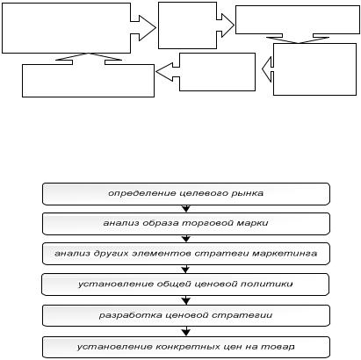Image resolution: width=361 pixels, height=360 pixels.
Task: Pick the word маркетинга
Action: pyautogui.click(x=285, y=253)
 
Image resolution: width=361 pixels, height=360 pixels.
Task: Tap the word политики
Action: pyautogui.click(x=266, y=284)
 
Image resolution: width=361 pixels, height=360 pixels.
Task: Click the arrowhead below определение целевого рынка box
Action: pyautogui.click(x=186, y=209)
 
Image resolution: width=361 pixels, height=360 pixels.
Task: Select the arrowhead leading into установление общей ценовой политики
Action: pyautogui.click(x=186, y=270)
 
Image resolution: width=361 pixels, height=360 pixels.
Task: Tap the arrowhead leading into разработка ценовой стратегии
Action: pyautogui.click(x=186, y=300)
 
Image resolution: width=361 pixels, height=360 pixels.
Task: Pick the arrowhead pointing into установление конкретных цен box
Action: pyautogui.click(x=186, y=332)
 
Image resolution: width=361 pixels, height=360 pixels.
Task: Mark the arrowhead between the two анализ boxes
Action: pyautogui.click(x=186, y=239)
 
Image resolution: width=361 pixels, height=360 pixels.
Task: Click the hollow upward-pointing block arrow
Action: pyautogui.click(x=89, y=57)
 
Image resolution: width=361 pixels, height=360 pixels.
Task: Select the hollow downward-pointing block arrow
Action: pyautogui.click(x=298, y=40)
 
